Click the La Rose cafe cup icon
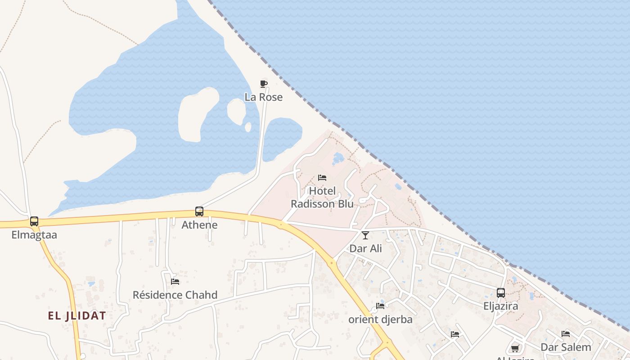tap(264, 84)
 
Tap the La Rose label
tap(264, 97)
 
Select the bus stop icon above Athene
tap(199, 211)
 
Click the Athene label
tap(199, 225)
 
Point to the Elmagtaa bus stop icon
tap(34, 221)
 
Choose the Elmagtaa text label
tap(34, 234)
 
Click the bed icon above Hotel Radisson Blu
tap(322, 177)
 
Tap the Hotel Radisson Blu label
tap(322, 198)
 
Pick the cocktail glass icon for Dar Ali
tap(365, 235)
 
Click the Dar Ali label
tap(365, 248)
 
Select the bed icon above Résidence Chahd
tap(175, 281)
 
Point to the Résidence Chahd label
tap(175, 295)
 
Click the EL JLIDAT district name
tap(77, 315)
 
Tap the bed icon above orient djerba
tap(380, 306)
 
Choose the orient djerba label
tap(380, 319)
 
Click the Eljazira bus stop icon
tap(501, 293)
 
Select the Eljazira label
tap(501, 306)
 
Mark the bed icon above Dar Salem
tap(566, 333)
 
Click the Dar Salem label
tap(566, 347)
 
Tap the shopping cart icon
tap(515, 348)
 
